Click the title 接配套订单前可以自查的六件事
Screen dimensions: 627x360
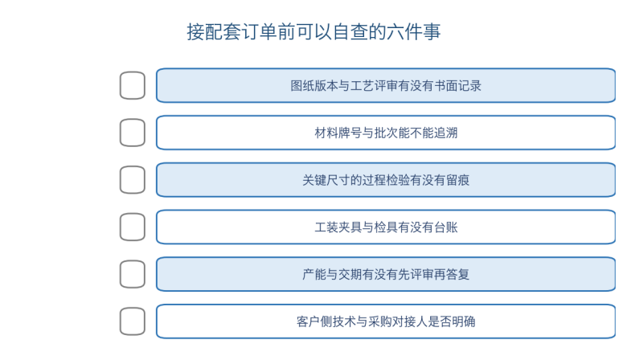313,31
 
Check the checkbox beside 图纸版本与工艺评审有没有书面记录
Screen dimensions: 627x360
133,85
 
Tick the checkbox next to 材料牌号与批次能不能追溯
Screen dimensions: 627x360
133,133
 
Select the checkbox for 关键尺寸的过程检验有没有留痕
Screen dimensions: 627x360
133,180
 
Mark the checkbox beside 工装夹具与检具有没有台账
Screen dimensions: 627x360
133,227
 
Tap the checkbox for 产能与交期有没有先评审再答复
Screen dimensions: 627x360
133,274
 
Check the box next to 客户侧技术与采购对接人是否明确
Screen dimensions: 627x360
133,321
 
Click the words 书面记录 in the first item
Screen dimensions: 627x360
457,85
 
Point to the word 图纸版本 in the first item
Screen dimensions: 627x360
314,85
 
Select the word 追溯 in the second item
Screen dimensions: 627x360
446,133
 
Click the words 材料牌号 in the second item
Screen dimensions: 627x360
338,133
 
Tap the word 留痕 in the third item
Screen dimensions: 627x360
458,180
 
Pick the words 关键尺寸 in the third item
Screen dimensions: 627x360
326,180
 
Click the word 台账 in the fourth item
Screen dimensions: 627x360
446,227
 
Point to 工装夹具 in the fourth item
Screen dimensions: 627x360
338,227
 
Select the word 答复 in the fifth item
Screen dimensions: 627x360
458,274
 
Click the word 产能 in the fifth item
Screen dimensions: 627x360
314,274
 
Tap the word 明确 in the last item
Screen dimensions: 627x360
464,321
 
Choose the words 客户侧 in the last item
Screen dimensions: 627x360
314,321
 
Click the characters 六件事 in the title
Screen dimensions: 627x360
413,31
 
